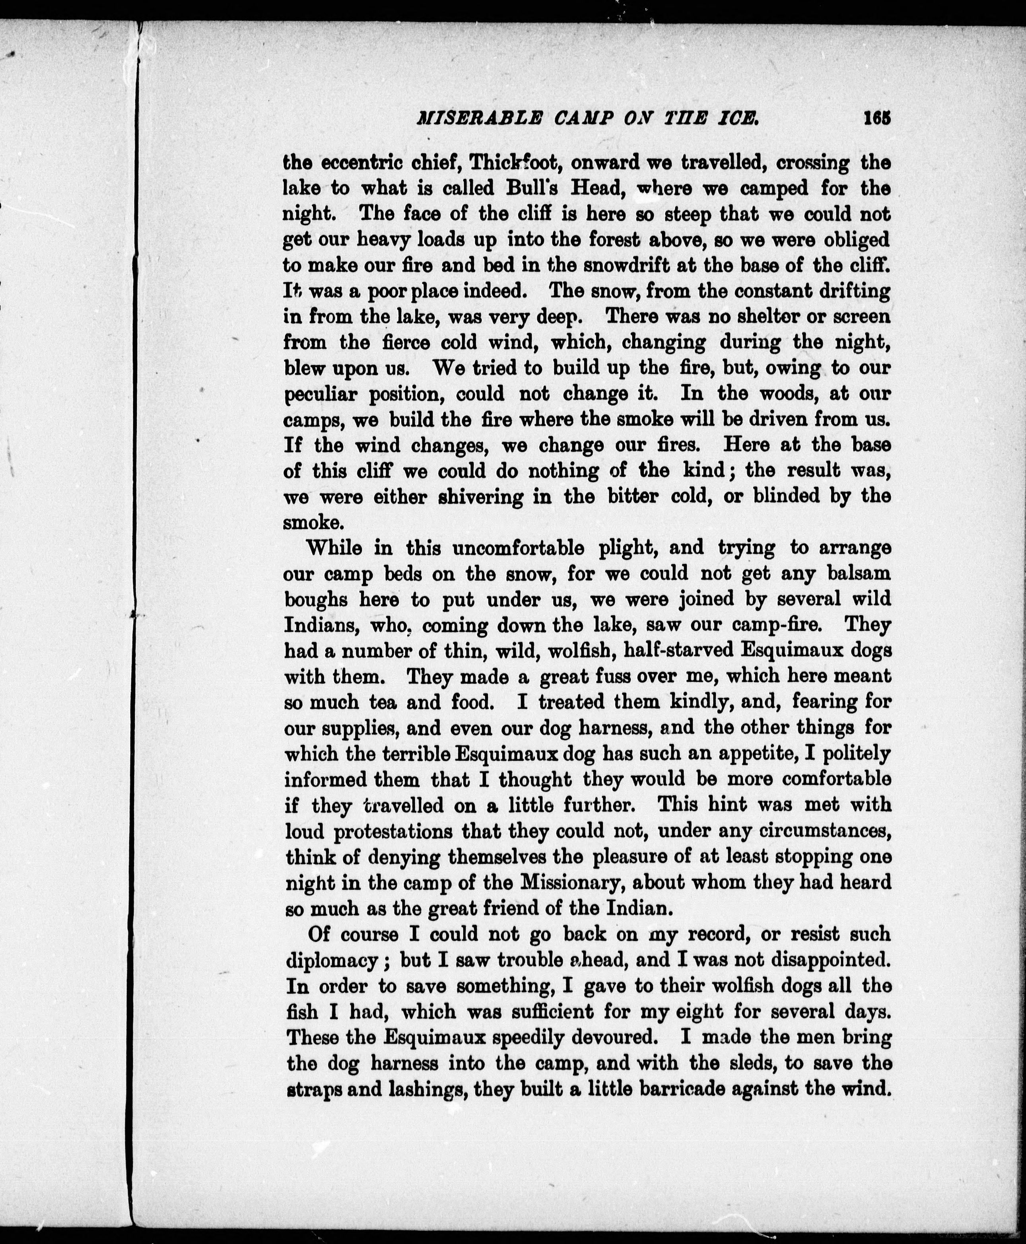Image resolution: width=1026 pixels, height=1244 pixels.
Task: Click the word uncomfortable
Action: [518, 548]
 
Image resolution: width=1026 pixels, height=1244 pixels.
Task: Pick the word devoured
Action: [598, 1037]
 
